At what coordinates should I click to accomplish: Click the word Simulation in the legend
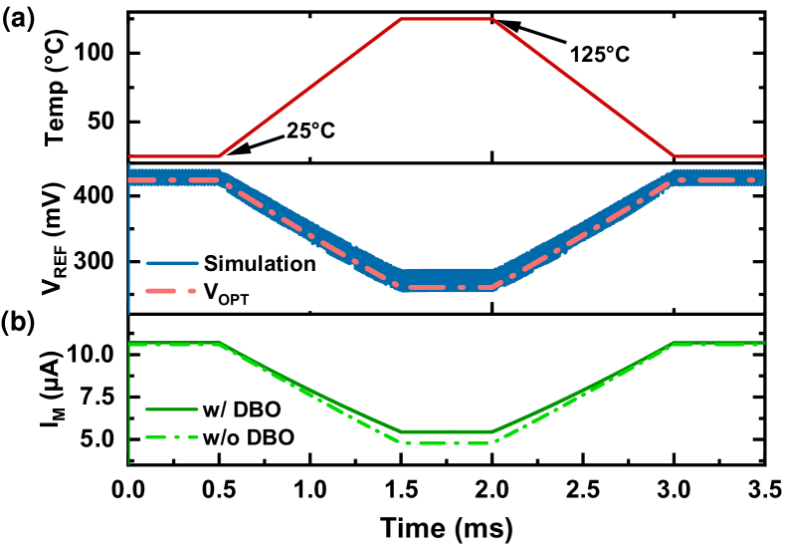(x=260, y=264)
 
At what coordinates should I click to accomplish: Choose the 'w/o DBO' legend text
(x=249, y=437)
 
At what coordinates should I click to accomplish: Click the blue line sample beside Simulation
(x=172, y=264)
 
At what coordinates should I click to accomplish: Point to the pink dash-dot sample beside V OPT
(x=172, y=293)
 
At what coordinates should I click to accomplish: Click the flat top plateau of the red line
(x=447, y=19)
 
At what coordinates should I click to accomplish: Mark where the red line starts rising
(x=219, y=156)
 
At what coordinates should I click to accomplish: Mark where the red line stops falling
(x=676, y=156)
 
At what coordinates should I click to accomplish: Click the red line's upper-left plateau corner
(x=401, y=19)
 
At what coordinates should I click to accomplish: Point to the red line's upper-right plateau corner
(x=492, y=19)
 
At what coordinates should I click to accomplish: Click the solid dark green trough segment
(x=447, y=431)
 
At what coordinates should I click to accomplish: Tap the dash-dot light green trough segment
(x=447, y=443)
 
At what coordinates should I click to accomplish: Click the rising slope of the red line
(x=309, y=88)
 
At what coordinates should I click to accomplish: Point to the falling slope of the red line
(x=584, y=88)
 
